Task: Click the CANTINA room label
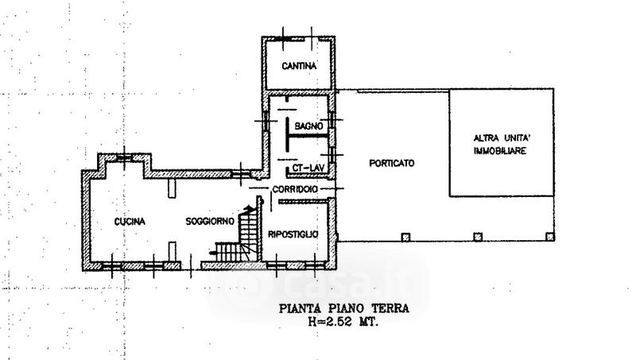click(x=299, y=66)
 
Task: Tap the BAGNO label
click(x=308, y=126)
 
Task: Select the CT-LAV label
click(x=308, y=168)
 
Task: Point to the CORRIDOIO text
click(x=295, y=189)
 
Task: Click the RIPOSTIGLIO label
click(x=293, y=234)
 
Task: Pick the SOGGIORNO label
click(x=210, y=222)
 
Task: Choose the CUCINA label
click(x=130, y=222)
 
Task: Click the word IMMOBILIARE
click(x=500, y=151)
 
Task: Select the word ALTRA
click(x=487, y=137)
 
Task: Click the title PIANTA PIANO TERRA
click(x=344, y=308)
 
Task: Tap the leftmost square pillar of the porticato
click(x=405, y=237)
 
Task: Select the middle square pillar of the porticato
click(x=479, y=237)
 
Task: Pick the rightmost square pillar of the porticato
click(x=550, y=236)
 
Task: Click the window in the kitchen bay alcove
click(x=124, y=157)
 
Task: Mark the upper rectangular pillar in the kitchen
click(x=173, y=188)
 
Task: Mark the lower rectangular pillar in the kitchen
click(x=173, y=251)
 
